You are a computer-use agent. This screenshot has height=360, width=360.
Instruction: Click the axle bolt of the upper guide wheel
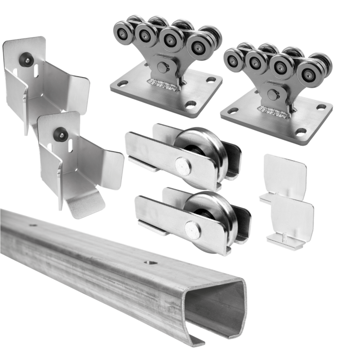[x=181, y=164]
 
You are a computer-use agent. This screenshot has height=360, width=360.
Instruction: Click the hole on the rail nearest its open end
[x=149, y=262]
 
